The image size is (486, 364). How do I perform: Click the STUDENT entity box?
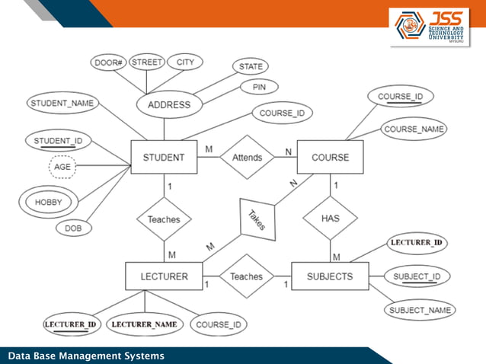point(164,158)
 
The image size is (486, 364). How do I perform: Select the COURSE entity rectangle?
point(330,158)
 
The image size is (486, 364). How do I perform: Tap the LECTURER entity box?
point(164,276)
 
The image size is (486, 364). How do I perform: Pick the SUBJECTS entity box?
point(330,276)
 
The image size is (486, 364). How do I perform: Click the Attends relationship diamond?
point(247,158)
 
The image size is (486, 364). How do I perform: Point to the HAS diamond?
point(330,218)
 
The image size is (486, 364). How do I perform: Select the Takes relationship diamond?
point(256,220)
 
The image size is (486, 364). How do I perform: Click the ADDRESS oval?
point(168,104)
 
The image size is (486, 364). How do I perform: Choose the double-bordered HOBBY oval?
point(49,202)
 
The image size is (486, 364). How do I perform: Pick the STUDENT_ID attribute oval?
point(59,141)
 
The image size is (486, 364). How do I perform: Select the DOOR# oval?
point(108,62)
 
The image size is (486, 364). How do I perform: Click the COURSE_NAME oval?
point(414,129)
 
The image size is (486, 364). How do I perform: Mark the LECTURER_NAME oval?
point(145,324)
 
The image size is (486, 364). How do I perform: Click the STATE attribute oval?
point(250,67)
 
